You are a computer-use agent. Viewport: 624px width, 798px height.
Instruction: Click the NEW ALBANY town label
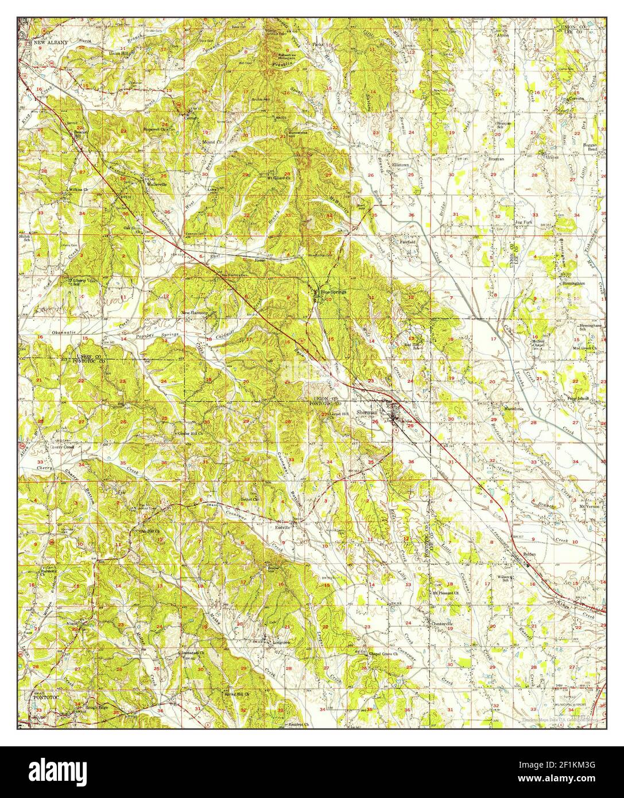pos(50,42)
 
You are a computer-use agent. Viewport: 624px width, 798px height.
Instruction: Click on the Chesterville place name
pos(443,622)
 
